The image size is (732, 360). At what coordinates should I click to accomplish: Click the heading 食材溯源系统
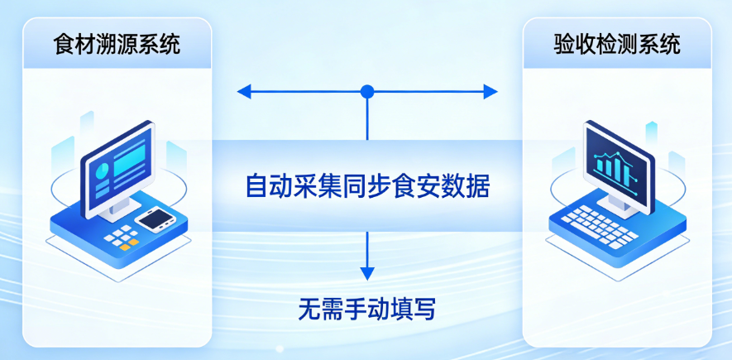[117, 44]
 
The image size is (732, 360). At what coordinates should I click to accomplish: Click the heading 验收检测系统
[617, 44]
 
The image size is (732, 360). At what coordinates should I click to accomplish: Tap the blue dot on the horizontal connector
[367, 91]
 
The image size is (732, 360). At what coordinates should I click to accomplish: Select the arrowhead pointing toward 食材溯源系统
[243, 91]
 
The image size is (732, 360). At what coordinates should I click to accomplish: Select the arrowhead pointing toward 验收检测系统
[491, 91]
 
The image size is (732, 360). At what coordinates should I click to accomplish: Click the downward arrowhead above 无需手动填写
[367, 273]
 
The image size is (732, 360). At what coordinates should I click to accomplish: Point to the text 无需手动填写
[366, 310]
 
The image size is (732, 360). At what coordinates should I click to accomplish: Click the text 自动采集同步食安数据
[367, 186]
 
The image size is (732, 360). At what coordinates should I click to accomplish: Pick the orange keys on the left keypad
[125, 245]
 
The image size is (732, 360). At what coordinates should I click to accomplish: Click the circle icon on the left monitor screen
[102, 172]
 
